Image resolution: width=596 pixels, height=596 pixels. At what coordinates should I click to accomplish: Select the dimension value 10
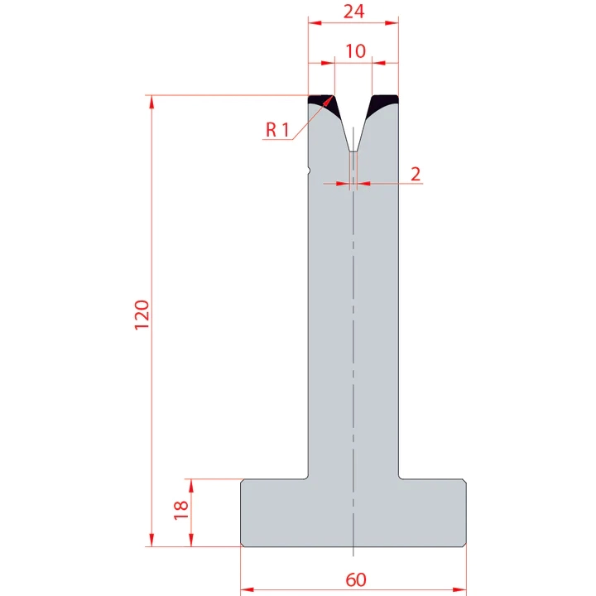[x=355, y=51]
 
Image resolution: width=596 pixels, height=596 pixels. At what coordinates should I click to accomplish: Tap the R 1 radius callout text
[x=277, y=129]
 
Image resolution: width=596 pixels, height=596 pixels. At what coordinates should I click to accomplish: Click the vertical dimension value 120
[x=142, y=315]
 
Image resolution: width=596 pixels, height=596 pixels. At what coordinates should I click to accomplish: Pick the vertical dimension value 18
[x=181, y=512]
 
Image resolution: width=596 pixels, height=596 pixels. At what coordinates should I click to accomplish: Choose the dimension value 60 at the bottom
[x=355, y=579]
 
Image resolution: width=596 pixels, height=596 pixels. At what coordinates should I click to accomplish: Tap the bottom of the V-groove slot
[x=353, y=151]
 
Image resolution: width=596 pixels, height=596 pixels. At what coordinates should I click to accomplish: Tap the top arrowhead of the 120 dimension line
[x=151, y=101]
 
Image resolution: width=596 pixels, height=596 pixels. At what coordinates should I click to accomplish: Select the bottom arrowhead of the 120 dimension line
[x=151, y=541]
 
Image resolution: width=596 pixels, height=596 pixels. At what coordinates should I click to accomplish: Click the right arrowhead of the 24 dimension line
[x=392, y=22]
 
